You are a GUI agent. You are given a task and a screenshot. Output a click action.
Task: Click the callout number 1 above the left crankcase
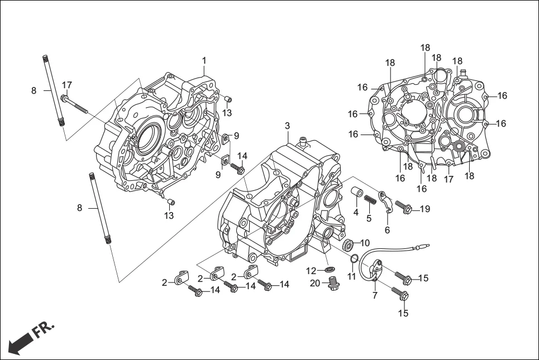[x=204, y=60]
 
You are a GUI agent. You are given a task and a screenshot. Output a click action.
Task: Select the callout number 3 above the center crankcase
[x=287, y=125]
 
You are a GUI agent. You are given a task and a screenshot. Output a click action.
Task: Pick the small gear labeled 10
[x=350, y=243]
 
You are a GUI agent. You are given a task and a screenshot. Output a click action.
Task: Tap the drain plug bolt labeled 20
[x=334, y=284]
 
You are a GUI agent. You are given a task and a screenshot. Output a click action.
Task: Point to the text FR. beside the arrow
[x=44, y=329]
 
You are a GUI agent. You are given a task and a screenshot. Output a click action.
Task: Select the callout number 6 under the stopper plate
[x=387, y=229]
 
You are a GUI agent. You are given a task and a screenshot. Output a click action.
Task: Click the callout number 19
[x=425, y=209]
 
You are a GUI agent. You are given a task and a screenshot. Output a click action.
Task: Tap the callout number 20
[x=315, y=284]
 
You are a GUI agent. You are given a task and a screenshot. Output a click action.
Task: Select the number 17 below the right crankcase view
[x=449, y=179]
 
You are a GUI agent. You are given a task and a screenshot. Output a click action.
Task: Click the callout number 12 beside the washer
[x=311, y=271]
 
